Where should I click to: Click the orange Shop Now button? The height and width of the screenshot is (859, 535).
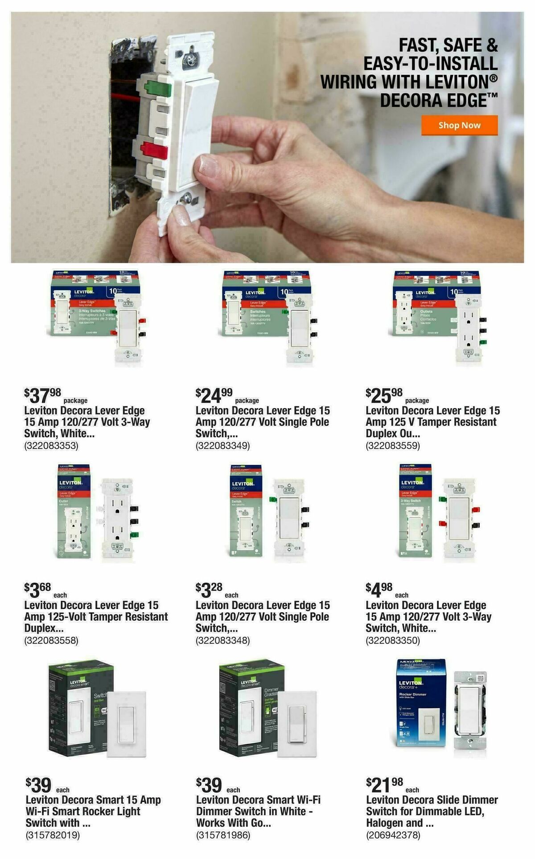[x=459, y=125]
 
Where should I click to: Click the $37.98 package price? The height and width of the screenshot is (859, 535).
[x=43, y=395]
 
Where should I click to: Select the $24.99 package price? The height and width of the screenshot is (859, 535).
[x=214, y=395]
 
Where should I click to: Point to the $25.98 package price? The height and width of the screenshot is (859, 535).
[x=384, y=395]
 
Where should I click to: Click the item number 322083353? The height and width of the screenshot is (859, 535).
[x=51, y=446]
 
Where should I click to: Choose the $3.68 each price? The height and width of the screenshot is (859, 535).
[x=38, y=590]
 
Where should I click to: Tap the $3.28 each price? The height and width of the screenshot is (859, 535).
[x=209, y=590]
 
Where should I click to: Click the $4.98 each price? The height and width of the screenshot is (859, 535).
[x=379, y=590]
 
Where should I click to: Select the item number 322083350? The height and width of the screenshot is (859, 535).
[x=393, y=641]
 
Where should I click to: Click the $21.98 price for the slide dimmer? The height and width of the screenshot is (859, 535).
[x=384, y=785]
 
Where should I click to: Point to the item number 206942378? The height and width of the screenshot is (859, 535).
[x=393, y=835]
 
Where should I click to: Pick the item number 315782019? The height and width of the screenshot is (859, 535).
[x=53, y=835]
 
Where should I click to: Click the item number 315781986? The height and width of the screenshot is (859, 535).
[x=223, y=835]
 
